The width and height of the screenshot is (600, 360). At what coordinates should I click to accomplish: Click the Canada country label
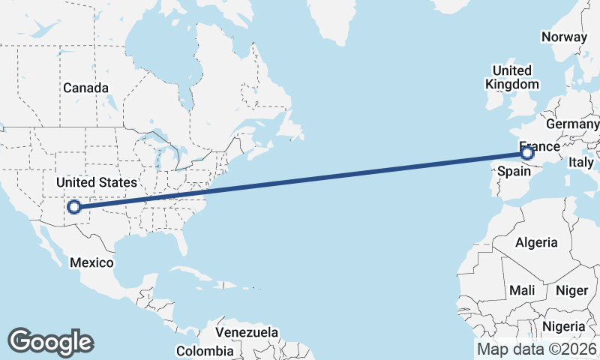pos(85,88)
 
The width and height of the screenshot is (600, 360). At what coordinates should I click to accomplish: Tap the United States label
pos(97,182)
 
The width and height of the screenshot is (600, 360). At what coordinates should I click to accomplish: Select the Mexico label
pos(91,262)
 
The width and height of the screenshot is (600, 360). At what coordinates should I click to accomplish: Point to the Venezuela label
pos(246,332)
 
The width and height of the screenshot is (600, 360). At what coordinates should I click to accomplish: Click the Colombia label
pos(204,350)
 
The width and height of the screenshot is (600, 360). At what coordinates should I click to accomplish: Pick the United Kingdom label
pos(512,76)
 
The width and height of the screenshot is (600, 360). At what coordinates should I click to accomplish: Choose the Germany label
pos(573,124)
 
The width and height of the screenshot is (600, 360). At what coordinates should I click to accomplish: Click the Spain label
pos(515,172)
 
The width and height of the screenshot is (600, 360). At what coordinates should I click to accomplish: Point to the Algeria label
pos(536,242)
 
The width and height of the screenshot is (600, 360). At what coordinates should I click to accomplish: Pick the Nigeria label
pos(563,326)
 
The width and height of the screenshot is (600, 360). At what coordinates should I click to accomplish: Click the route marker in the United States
pos(74,207)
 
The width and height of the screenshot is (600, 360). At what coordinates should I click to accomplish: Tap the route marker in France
pos(527,153)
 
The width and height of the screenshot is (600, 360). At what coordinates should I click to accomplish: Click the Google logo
pos(50,341)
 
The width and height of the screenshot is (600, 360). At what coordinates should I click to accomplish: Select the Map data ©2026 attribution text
pos(537,349)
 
